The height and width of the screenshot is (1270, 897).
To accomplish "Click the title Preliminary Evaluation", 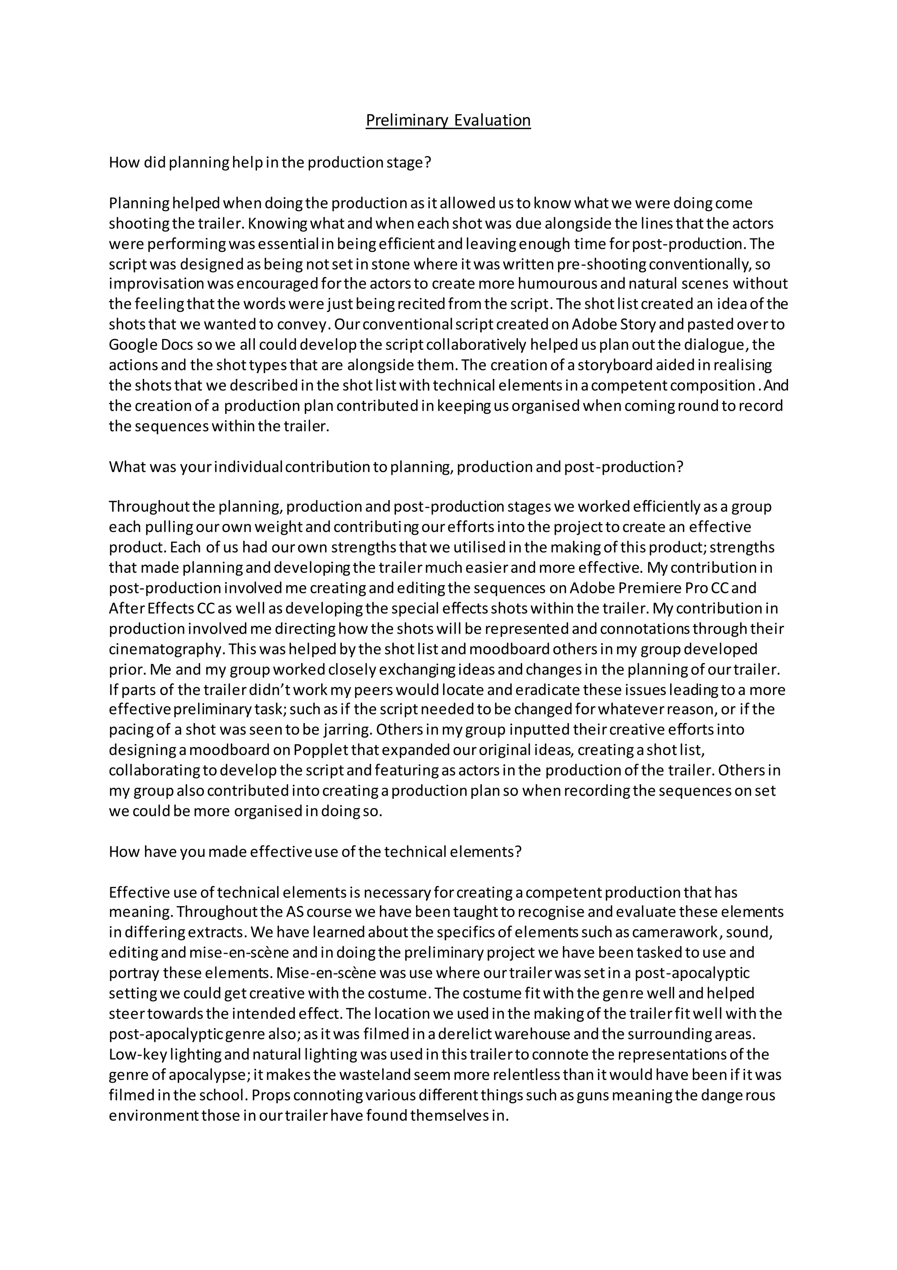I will tap(448, 120).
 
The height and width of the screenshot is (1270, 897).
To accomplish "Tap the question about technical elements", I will tap(315, 851).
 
